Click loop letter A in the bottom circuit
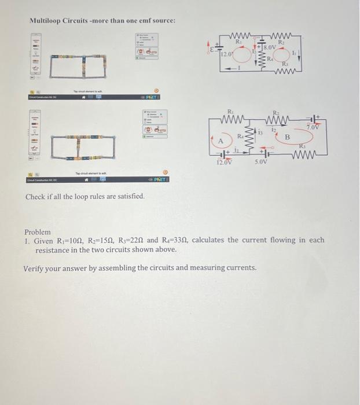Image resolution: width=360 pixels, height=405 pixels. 221,141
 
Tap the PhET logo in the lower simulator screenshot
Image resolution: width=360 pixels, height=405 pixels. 160,179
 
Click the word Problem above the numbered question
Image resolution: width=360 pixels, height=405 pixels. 37,231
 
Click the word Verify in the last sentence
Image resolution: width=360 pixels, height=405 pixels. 34,268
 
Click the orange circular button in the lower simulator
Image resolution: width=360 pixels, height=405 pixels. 165,172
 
